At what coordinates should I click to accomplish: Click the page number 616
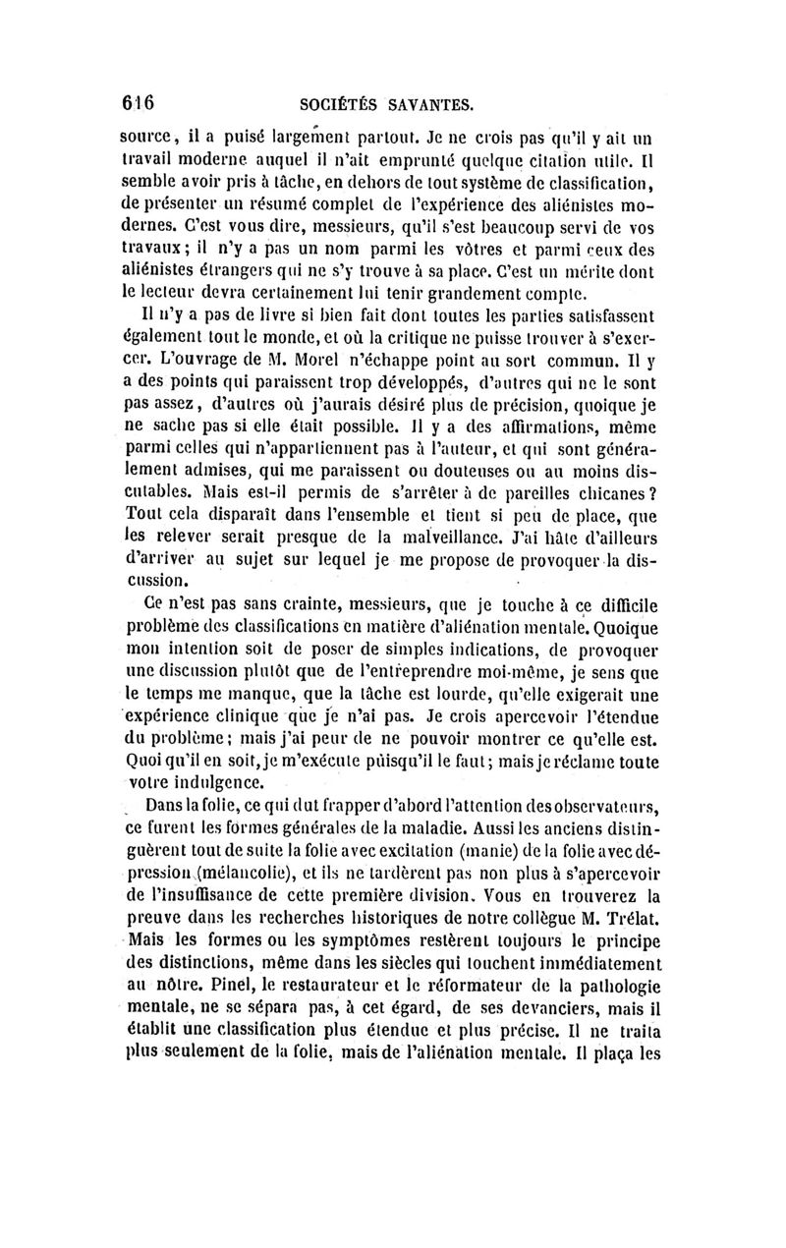(x=139, y=101)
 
